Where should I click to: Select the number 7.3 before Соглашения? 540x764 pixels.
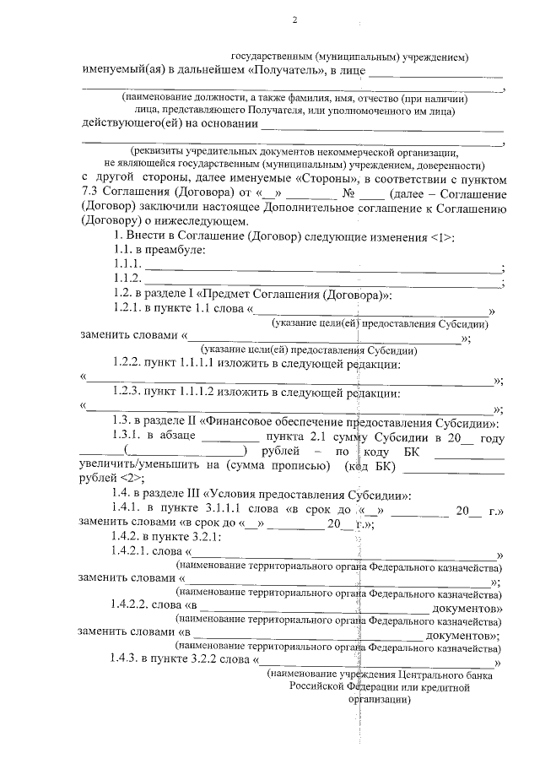pos(89,194)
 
